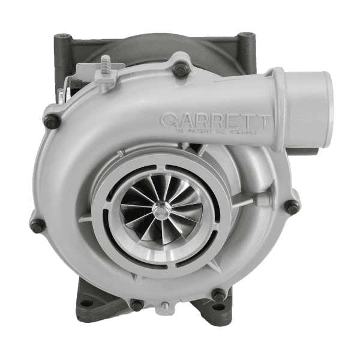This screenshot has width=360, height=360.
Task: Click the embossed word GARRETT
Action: [216, 118]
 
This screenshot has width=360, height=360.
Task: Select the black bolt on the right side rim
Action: [292, 207]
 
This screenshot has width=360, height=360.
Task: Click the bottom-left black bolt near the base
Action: [137, 304]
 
